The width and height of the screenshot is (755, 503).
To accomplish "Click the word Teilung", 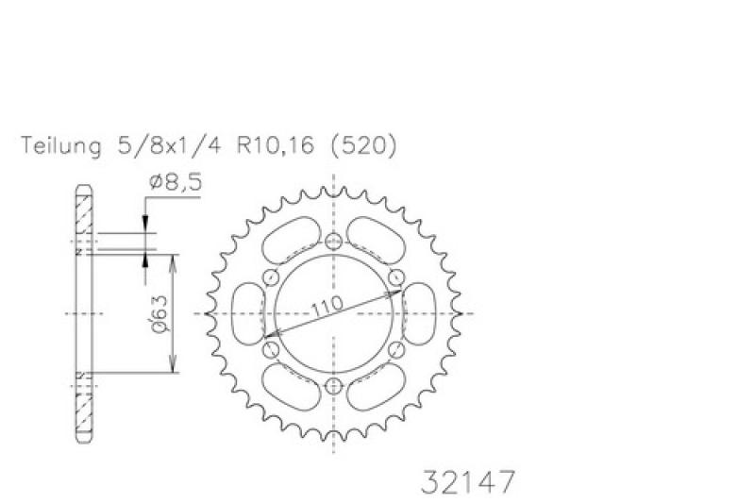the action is pyautogui.click(x=61, y=146).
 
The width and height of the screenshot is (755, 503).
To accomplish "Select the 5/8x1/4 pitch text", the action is pyautogui.click(x=169, y=144).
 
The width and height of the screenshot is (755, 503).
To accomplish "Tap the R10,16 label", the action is pyautogui.click(x=275, y=145).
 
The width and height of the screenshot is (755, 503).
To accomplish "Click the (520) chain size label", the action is pyautogui.click(x=363, y=145).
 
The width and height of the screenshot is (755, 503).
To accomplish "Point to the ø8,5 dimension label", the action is pyautogui.click(x=176, y=182).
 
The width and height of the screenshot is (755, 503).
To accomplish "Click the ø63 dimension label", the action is pyautogui.click(x=159, y=313).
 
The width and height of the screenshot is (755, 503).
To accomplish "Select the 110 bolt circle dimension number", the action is pyautogui.click(x=327, y=306).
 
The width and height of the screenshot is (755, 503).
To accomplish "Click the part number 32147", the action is pyautogui.click(x=468, y=482).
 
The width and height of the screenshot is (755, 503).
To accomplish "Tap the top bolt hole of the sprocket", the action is pyautogui.click(x=333, y=242).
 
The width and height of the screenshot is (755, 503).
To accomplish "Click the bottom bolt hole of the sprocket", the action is pyautogui.click(x=333, y=386).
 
